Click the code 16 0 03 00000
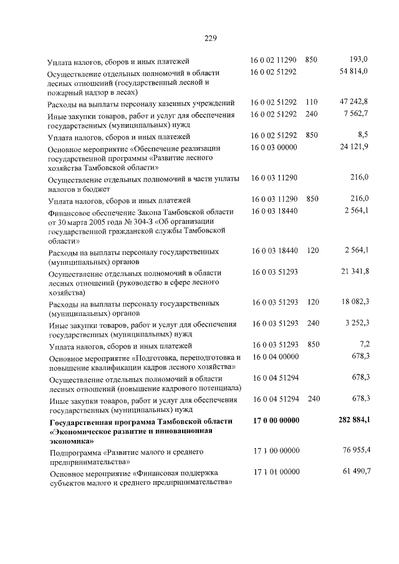[274, 147]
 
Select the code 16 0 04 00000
[274, 356]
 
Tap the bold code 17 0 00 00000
[277, 421]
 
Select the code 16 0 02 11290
[274, 60]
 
